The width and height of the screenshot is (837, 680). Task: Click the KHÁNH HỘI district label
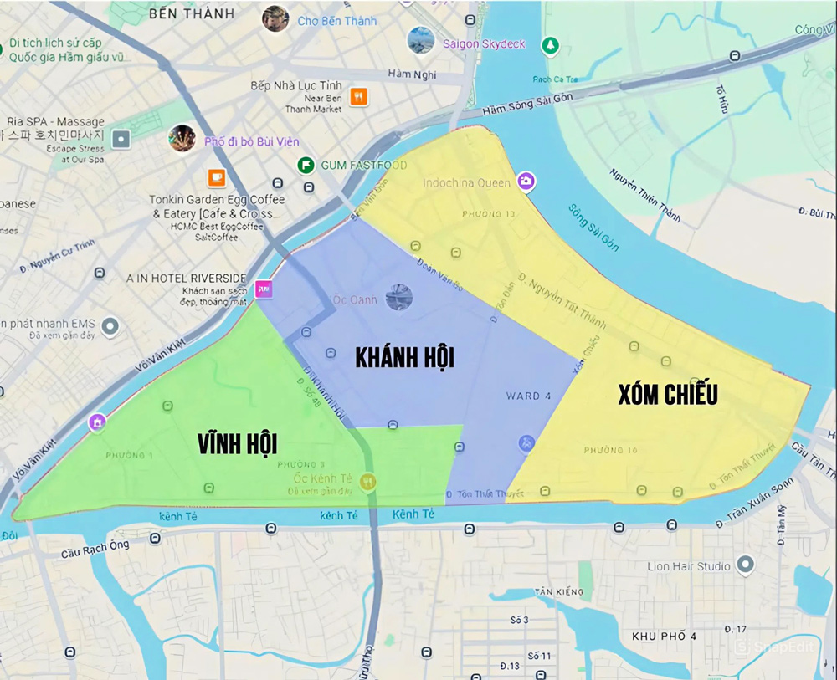(404, 358)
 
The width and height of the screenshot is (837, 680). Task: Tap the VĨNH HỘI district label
(238, 443)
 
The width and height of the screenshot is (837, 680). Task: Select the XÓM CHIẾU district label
(667, 395)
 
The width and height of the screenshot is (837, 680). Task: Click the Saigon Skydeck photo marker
(420, 40)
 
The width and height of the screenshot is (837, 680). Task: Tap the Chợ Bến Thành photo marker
(275, 18)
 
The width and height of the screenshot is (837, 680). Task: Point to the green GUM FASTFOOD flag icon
(306, 165)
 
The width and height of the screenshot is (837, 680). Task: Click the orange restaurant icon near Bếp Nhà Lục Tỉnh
(358, 96)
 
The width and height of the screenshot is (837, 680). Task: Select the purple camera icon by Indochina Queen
(526, 181)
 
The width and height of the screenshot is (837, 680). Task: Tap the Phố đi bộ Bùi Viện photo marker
(182, 139)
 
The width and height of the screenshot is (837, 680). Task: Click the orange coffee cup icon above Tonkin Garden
(217, 176)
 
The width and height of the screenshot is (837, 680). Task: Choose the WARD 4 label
(528, 396)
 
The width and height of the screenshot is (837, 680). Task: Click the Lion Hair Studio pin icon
(746, 565)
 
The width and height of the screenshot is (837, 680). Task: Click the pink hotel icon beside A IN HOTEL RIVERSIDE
(264, 289)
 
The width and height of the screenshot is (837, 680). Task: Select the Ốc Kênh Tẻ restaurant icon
(367, 482)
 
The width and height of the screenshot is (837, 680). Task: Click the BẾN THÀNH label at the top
(192, 14)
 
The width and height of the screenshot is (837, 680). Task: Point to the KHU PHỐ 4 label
(664, 637)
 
